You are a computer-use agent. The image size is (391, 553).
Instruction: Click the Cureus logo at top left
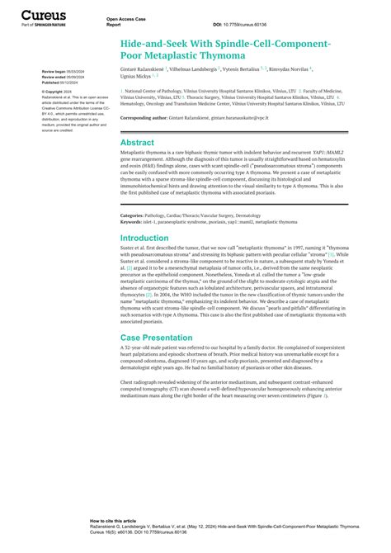click(x=42, y=15)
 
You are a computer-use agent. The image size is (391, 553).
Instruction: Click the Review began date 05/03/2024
click(x=69, y=72)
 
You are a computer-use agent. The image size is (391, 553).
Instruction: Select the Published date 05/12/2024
click(x=68, y=83)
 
